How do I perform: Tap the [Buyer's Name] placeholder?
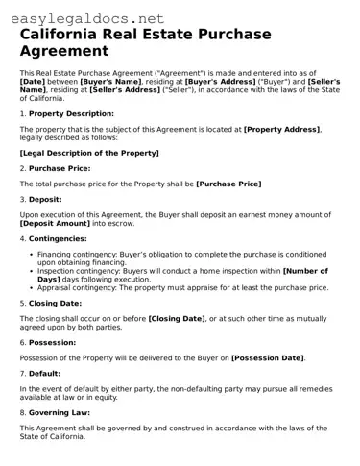(x=112, y=82)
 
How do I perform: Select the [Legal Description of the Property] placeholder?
(x=89, y=153)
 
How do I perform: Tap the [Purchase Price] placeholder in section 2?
(x=228, y=183)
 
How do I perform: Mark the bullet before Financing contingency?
(x=30, y=255)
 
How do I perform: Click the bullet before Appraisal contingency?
(x=30, y=287)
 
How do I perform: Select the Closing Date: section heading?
(x=57, y=303)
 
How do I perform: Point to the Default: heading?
(x=45, y=373)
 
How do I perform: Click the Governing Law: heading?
(x=59, y=412)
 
